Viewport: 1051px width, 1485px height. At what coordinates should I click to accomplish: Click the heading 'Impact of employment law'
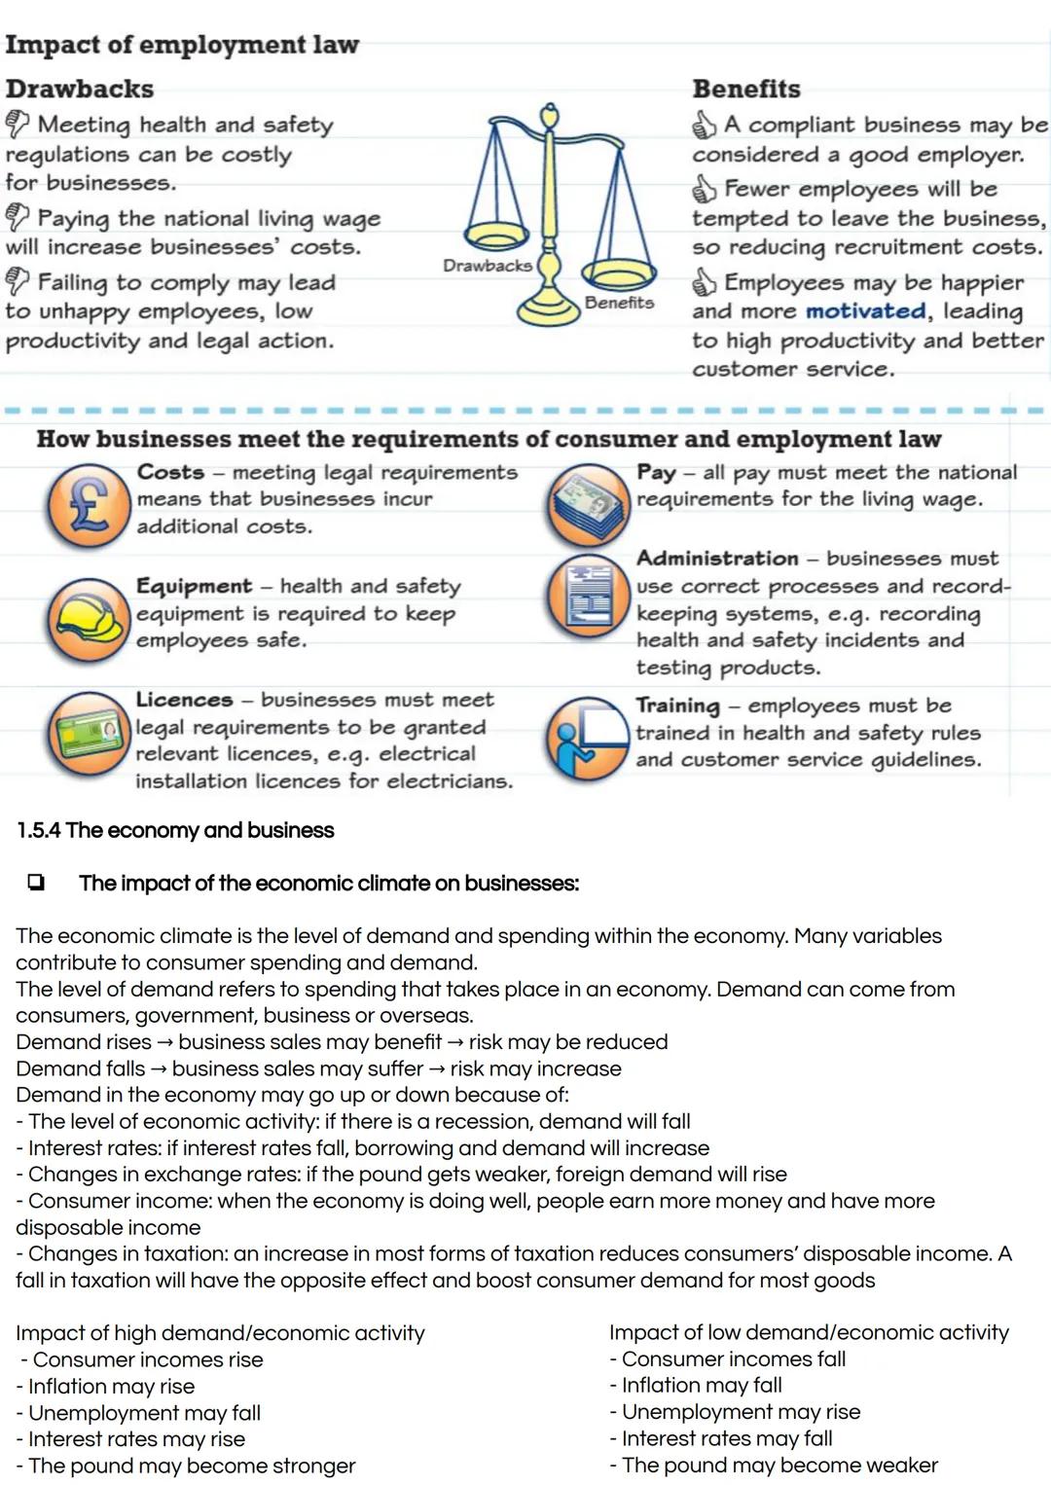tap(182, 45)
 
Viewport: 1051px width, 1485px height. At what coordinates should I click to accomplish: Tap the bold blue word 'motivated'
tap(865, 311)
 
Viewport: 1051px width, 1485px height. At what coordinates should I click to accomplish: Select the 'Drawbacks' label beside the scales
tap(487, 266)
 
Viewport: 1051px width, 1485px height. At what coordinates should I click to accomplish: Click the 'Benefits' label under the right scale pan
tap(619, 303)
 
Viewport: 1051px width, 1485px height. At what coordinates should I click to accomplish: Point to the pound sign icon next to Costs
tap(89, 506)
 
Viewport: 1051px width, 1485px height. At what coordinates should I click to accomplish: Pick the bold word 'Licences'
tap(184, 700)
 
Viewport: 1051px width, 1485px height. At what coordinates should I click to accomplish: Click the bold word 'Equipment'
tap(194, 586)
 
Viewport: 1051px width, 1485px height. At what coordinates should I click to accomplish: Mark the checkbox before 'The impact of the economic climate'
tap(36, 883)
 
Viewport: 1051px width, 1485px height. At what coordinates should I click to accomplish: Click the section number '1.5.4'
tap(39, 830)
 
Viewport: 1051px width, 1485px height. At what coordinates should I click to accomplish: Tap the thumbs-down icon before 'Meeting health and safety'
tap(18, 124)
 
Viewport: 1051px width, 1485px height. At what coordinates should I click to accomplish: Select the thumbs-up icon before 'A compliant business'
tap(705, 125)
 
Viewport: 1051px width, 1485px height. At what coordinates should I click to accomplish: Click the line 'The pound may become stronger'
tap(191, 1466)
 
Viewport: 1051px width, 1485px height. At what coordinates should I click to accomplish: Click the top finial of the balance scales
tap(550, 115)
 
